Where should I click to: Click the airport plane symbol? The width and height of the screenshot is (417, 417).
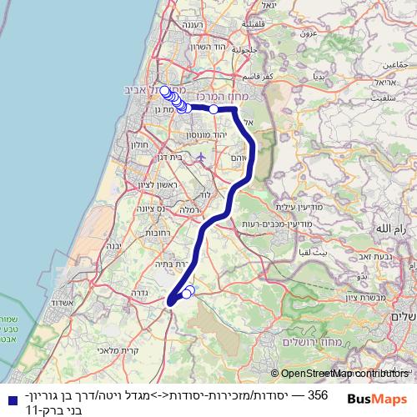200,156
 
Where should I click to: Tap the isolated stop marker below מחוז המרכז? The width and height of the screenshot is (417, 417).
214,109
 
